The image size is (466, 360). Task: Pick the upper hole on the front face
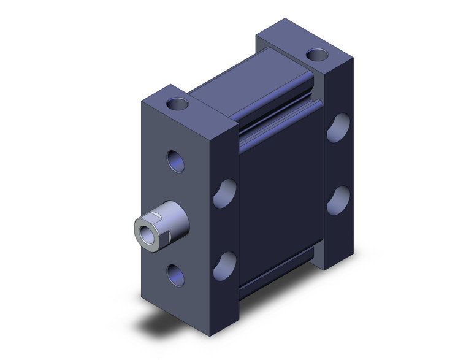tap(176, 163)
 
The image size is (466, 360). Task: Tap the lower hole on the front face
tap(176, 273)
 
